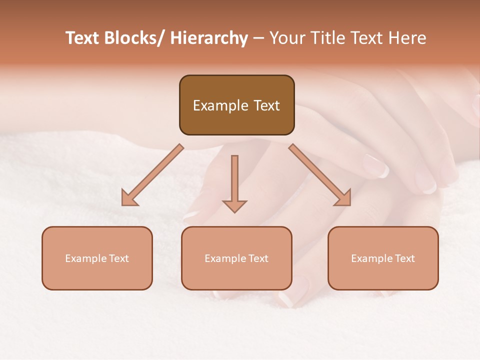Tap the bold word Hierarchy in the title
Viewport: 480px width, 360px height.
(x=209, y=38)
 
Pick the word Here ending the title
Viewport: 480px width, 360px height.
(x=407, y=38)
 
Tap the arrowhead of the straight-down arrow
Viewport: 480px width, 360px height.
(x=234, y=205)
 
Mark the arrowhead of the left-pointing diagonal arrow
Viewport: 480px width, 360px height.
(x=129, y=198)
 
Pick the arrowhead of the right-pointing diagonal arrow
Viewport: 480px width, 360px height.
(x=343, y=198)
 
